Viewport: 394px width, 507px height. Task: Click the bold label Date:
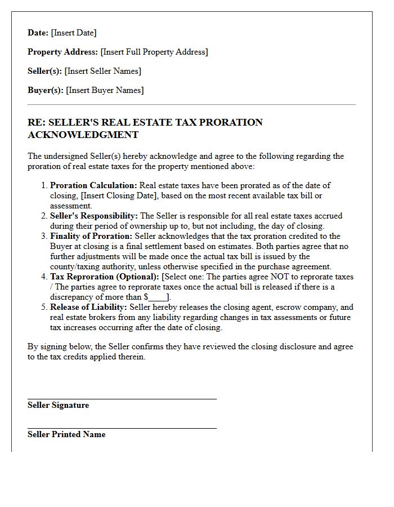click(x=38, y=33)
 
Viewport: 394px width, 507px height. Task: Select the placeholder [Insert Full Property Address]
click(x=154, y=52)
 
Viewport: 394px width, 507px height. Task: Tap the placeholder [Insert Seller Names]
click(x=102, y=71)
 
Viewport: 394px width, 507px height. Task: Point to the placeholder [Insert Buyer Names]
click(x=105, y=90)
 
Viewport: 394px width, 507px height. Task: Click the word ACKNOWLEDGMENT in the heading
click(x=83, y=135)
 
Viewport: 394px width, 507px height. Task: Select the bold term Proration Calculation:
click(x=93, y=185)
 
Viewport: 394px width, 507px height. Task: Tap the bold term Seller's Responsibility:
click(x=94, y=216)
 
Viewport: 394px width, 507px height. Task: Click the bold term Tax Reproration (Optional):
click(x=105, y=277)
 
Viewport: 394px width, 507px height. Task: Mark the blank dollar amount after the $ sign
click(x=158, y=297)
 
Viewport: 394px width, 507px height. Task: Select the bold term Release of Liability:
click(x=89, y=307)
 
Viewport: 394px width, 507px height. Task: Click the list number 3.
click(x=44, y=236)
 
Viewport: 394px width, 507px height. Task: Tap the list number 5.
click(x=44, y=307)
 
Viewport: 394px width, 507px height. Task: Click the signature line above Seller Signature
click(x=122, y=398)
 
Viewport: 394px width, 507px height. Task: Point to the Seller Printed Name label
click(x=66, y=434)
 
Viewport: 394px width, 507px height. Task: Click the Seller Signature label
click(x=58, y=405)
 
